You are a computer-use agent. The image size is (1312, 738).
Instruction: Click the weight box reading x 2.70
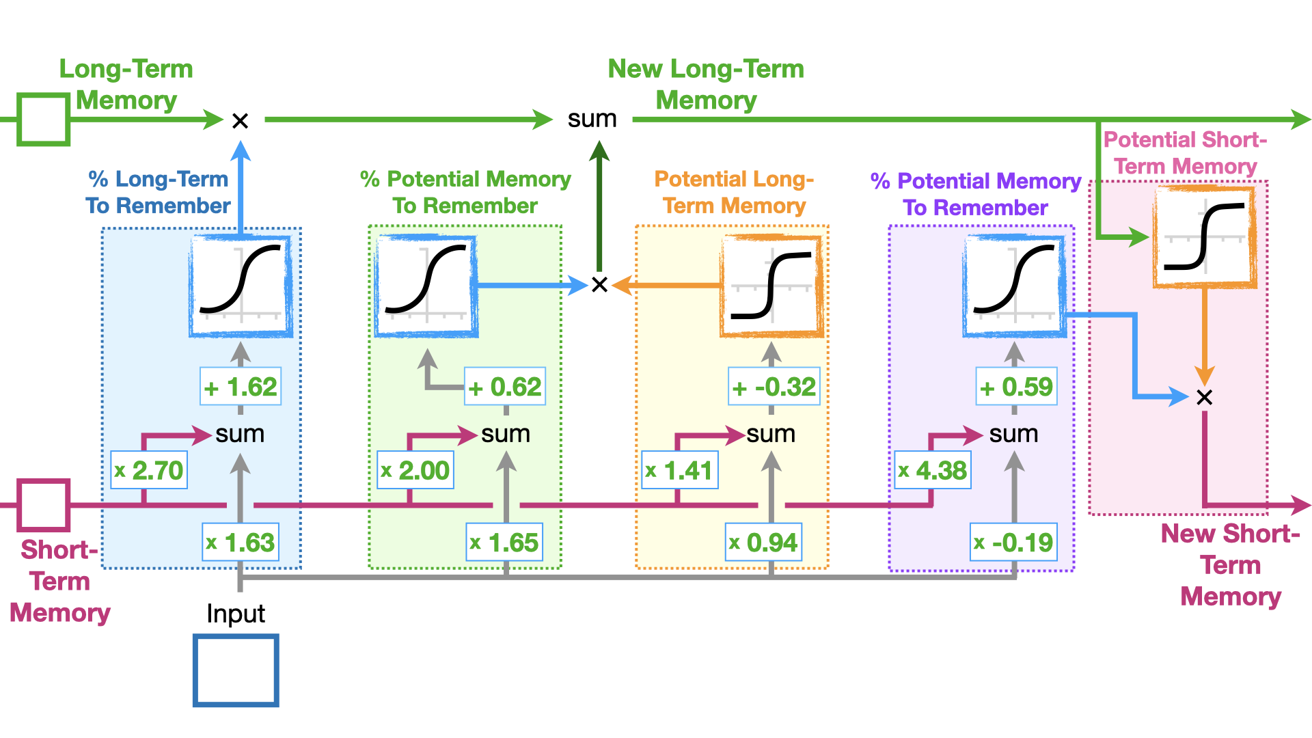[x=149, y=470]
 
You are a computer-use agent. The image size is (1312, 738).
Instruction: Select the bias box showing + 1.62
[x=241, y=387]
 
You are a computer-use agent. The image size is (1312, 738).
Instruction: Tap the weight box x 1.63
[x=241, y=543]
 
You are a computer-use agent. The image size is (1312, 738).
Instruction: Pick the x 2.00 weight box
[x=415, y=470]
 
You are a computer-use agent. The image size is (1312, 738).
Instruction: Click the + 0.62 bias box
[x=505, y=387]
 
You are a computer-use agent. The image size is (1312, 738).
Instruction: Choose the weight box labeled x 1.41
[x=680, y=470]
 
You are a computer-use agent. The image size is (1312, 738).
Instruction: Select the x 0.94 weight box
[x=763, y=543]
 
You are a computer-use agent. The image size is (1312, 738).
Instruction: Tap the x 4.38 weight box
[x=933, y=470]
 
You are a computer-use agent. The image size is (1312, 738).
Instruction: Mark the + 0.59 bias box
[x=1016, y=387]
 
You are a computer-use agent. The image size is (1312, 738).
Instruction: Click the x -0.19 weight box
[x=1014, y=543]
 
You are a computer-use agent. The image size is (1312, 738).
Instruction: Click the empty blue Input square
[x=236, y=670]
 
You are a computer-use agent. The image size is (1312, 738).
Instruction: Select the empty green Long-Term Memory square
[x=43, y=120]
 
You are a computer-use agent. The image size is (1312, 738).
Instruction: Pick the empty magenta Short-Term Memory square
[x=43, y=506]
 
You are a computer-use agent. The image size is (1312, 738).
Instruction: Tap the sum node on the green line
[x=592, y=119]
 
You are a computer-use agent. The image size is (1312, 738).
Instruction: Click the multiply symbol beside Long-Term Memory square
[x=240, y=121]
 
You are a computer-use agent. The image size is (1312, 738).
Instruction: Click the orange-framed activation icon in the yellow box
[x=771, y=286]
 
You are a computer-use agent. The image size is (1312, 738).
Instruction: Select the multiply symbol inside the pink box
[x=1205, y=397]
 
